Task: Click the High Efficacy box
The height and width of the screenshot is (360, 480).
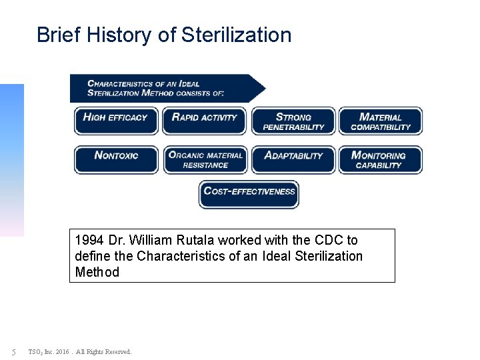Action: [x=116, y=121]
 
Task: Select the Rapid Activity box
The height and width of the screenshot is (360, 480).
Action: [x=205, y=121]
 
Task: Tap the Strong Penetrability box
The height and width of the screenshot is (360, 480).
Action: [x=293, y=121]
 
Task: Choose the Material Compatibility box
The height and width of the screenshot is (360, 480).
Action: [x=381, y=121]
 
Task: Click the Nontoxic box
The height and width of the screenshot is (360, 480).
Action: [x=116, y=159]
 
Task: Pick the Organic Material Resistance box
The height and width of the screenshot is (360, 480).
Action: [x=205, y=159]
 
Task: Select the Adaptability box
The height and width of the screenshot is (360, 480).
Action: [x=293, y=159]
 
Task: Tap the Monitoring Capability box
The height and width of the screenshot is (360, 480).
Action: [x=381, y=159]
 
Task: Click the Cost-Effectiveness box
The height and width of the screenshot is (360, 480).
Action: [x=249, y=194]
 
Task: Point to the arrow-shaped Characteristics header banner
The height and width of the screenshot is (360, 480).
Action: [x=167, y=88]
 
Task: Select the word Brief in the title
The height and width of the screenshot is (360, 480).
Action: [x=54, y=35]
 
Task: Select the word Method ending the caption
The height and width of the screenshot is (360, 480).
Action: [x=97, y=272]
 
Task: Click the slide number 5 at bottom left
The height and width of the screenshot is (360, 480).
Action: [x=13, y=351]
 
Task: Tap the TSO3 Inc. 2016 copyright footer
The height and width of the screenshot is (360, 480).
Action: [x=80, y=351]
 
